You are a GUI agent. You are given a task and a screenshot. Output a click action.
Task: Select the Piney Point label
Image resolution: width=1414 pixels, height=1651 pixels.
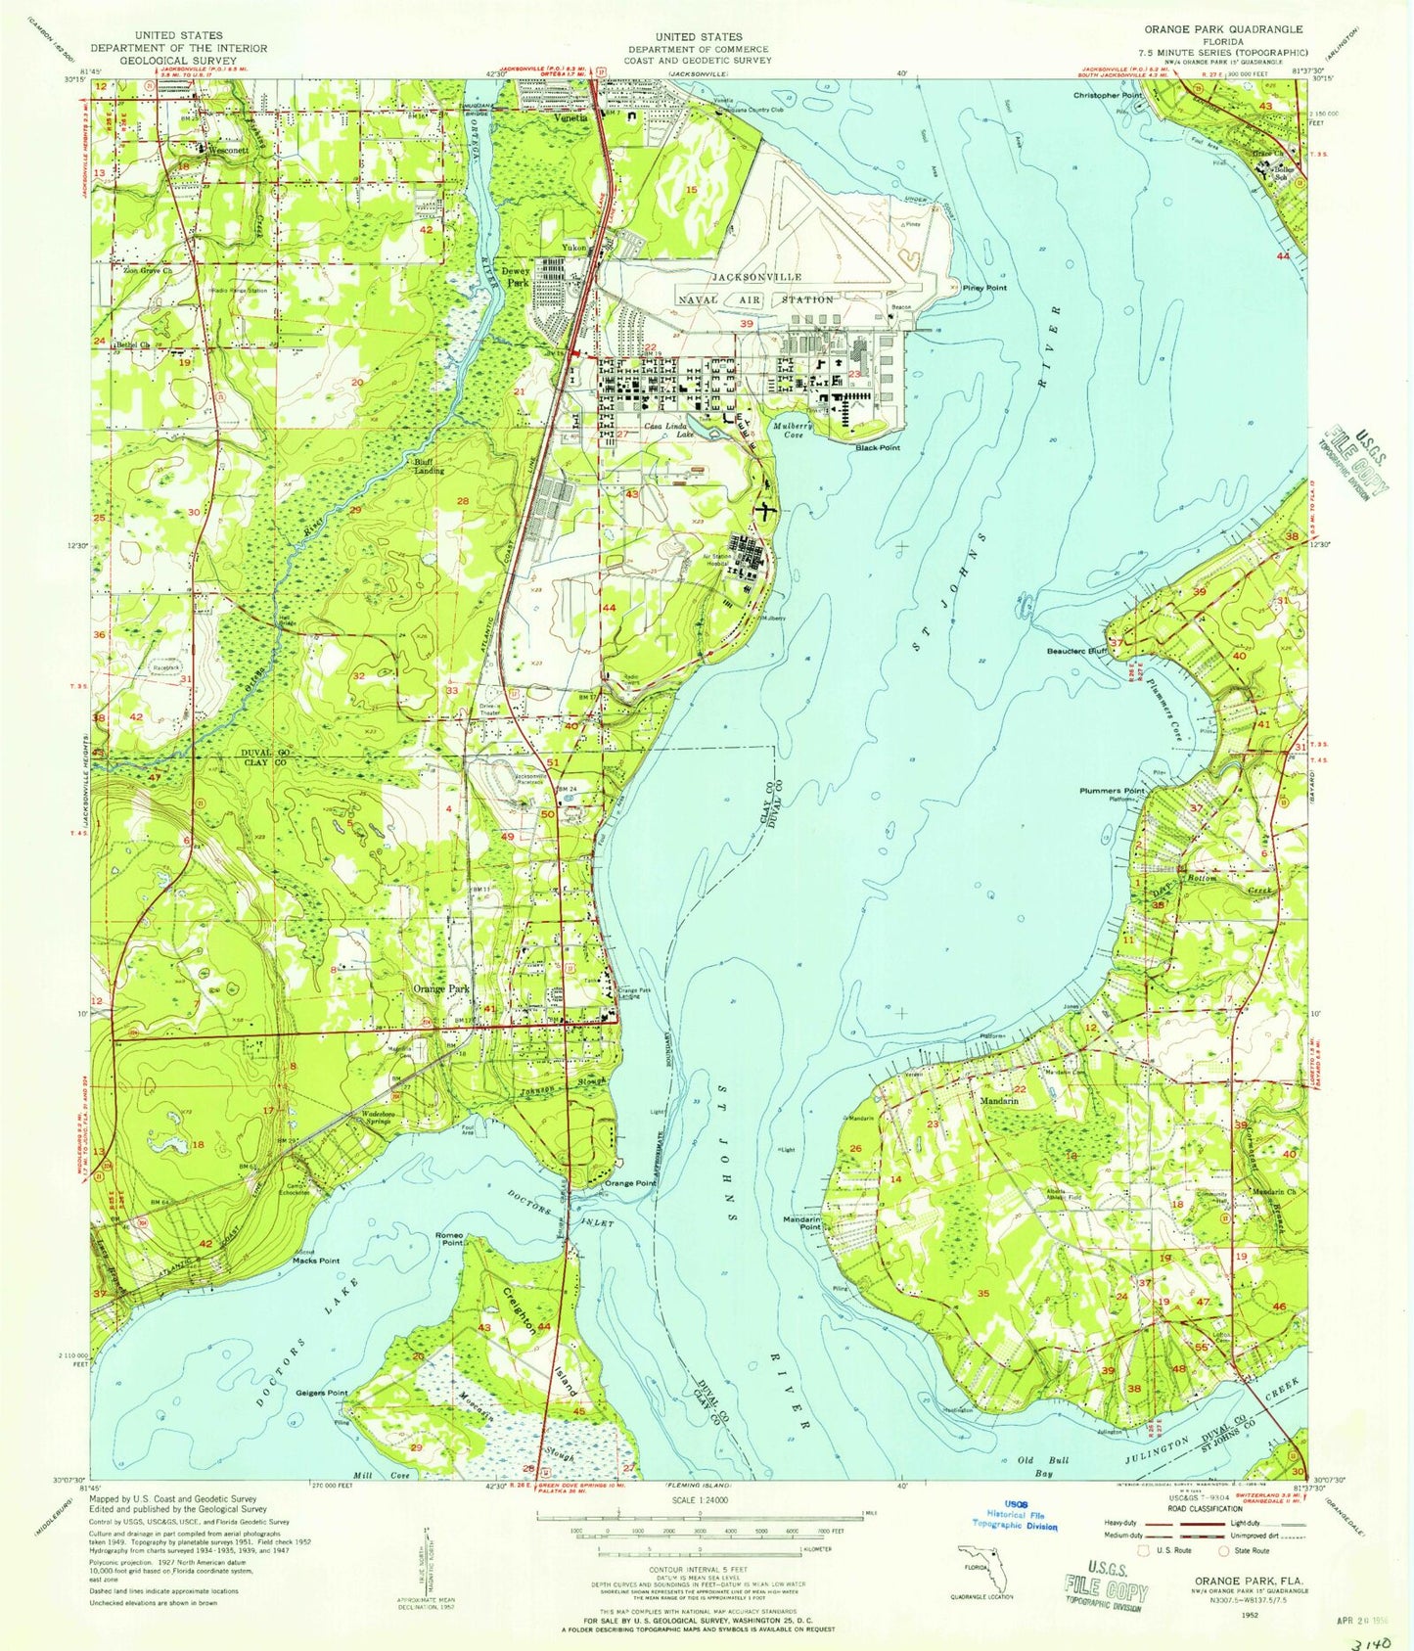click(x=983, y=288)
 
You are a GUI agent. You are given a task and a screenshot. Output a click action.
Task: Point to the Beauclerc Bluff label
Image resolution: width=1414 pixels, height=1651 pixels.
click(x=1075, y=649)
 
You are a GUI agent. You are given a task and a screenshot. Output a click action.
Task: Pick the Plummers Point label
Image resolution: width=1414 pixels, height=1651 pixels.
click(x=1111, y=790)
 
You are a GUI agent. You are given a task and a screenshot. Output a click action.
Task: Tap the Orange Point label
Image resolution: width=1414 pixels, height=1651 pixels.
click(x=630, y=1183)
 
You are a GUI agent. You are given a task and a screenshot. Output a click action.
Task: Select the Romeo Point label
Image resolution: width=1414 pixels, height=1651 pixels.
click(x=449, y=1239)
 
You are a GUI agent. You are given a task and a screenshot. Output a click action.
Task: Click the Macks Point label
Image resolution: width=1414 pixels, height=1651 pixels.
click(x=315, y=1261)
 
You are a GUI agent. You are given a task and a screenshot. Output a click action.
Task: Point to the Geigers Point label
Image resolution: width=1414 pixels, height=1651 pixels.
click(x=323, y=1392)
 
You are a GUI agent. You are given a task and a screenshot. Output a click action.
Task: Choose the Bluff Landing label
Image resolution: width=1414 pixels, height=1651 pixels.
click(x=425, y=466)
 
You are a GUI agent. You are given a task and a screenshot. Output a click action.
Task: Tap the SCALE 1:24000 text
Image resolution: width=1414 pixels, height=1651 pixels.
click(x=698, y=1498)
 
